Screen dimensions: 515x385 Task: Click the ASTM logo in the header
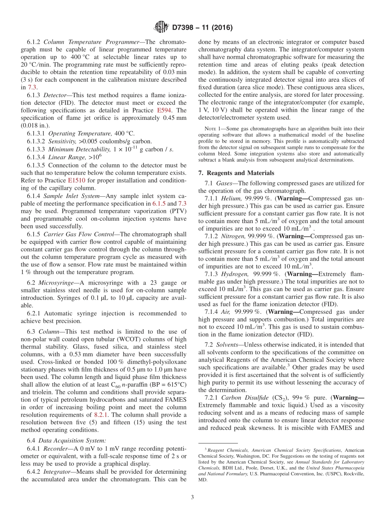161,28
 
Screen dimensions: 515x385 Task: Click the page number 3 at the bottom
192,496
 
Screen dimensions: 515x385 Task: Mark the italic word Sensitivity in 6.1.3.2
62,141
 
